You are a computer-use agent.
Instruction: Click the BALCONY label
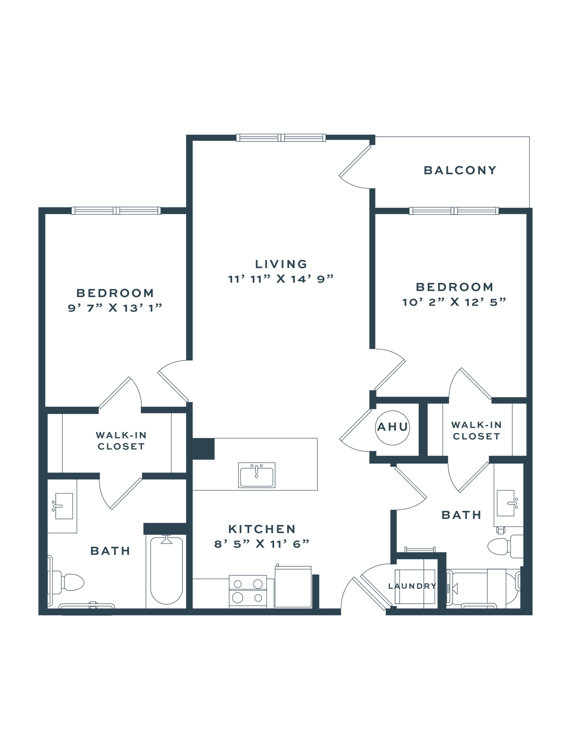click(x=460, y=170)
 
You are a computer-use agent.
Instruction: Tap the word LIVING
click(x=281, y=264)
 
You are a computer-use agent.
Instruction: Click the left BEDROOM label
click(x=115, y=292)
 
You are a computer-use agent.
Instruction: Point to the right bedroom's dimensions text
click(x=454, y=302)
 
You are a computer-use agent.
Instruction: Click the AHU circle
click(x=392, y=427)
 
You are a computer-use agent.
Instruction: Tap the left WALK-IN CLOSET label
click(x=120, y=440)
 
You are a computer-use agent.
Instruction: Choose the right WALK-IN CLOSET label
click(x=476, y=430)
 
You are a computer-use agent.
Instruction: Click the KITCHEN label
click(x=262, y=529)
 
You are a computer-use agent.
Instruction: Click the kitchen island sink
click(x=257, y=474)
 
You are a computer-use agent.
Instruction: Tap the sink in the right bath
click(x=508, y=503)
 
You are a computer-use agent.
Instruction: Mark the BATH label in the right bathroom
click(x=461, y=515)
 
